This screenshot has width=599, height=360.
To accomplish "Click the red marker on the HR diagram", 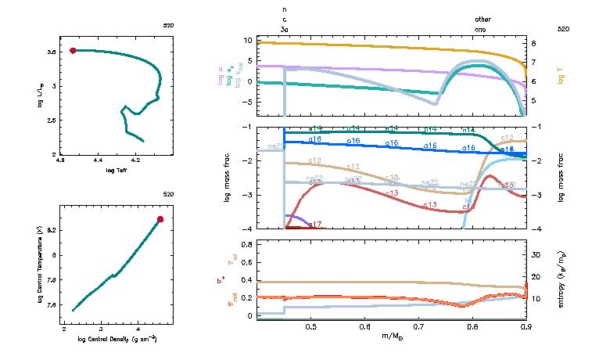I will click(73, 50).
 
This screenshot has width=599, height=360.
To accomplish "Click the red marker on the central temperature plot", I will click(160, 219).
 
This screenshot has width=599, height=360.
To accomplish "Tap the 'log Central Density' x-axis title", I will click(117, 339).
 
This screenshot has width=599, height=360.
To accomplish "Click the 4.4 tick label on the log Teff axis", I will click(99, 162).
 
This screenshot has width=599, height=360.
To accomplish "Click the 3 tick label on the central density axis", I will click(101, 329).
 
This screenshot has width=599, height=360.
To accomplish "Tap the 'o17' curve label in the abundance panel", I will click(315, 225).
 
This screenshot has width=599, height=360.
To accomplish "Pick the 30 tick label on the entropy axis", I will click(536, 255).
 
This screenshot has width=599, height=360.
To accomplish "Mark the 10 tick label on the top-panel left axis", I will click(248, 40).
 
